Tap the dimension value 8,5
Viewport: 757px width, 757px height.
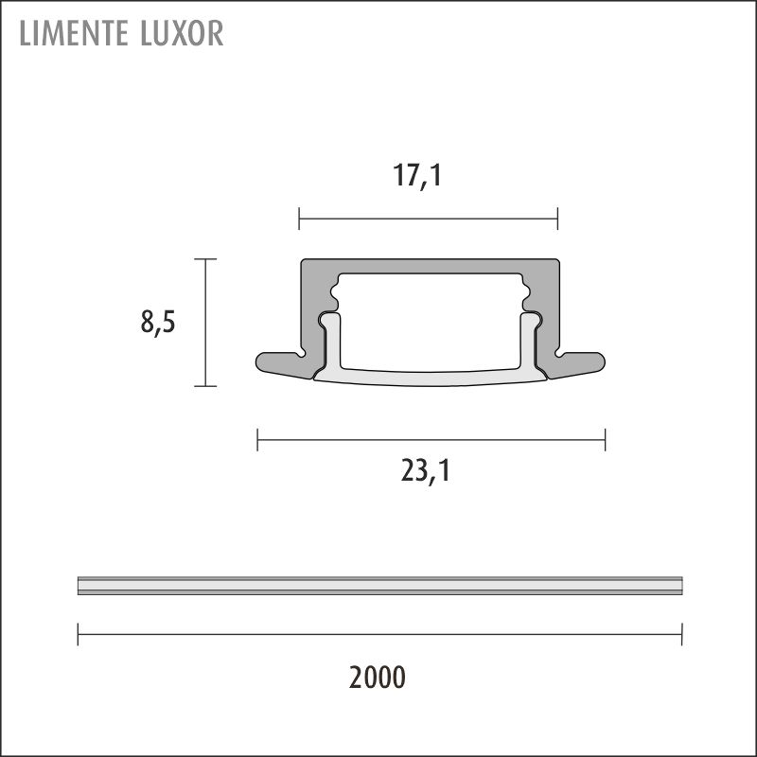click(x=158, y=323)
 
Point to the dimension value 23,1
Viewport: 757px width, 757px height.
click(x=425, y=470)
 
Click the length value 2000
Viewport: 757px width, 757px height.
click(x=378, y=678)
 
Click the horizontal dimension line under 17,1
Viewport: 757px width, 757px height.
click(x=428, y=220)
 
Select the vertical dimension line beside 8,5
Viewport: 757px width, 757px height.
click(x=205, y=323)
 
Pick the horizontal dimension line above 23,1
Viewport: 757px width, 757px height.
click(x=431, y=439)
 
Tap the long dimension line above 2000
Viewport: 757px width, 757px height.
click(x=379, y=634)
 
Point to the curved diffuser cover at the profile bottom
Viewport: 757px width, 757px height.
click(x=431, y=378)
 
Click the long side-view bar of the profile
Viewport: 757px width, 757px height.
click(x=379, y=586)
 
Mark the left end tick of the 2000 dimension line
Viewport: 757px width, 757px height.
click(x=79, y=634)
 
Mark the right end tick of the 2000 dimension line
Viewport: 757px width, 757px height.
click(x=681, y=634)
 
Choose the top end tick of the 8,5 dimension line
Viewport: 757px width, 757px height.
click(x=205, y=258)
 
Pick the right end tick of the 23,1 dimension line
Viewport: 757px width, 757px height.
click(x=605, y=439)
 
